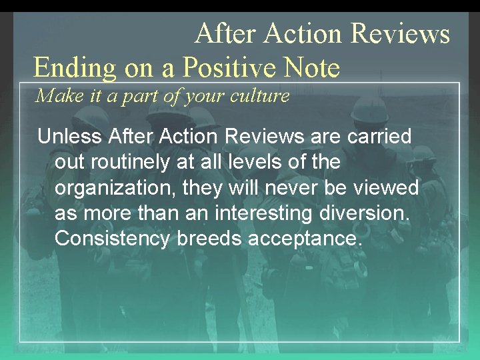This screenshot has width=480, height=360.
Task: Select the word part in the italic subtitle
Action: coord(135,97)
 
